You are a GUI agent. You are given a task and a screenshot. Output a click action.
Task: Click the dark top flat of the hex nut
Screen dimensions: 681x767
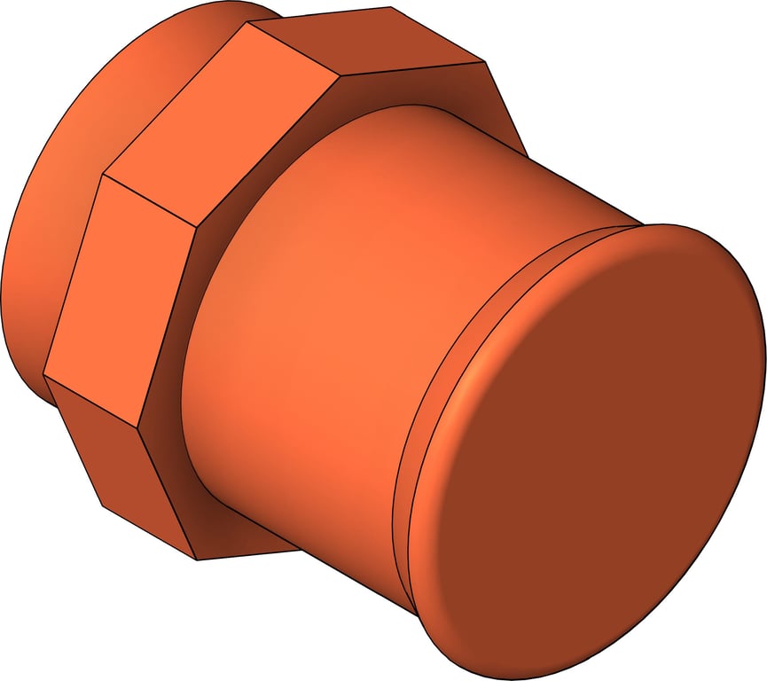(x=372, y=40)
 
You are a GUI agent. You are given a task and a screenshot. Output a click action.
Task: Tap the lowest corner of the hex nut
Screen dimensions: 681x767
(x=196, y=560)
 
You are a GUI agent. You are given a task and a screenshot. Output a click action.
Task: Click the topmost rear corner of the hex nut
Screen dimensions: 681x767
(x=391, y=8)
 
